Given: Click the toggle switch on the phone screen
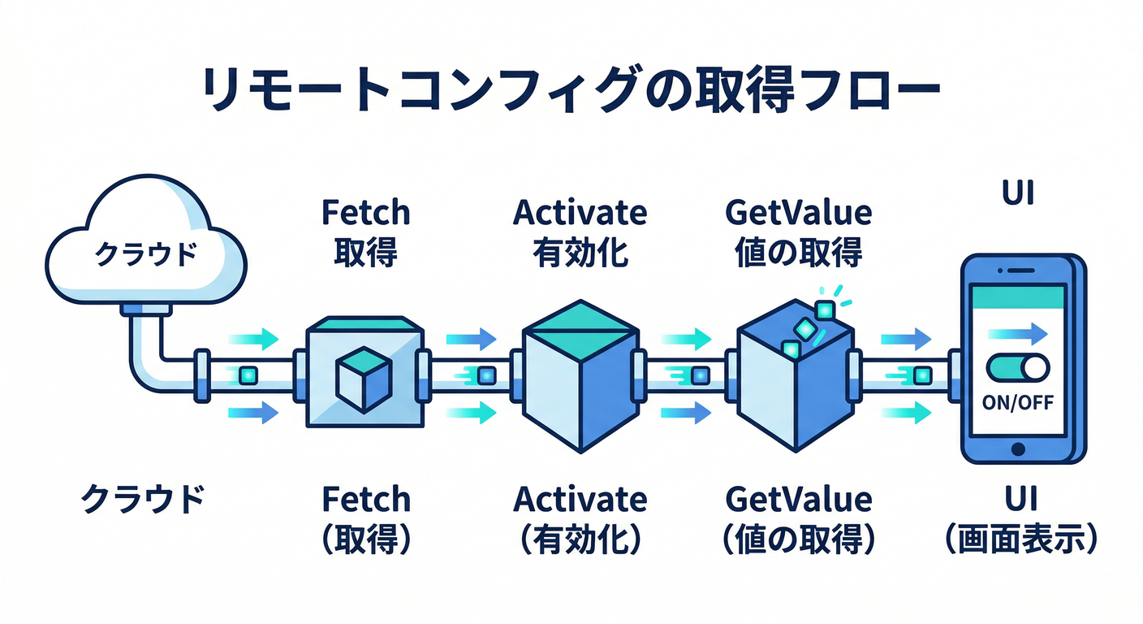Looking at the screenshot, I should click(x=1017, y=370).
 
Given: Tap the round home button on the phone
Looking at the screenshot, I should click(x=1018, y=448).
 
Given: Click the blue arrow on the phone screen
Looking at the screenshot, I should click(x=1017, y=332).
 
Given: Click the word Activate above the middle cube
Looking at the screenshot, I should click(x=580, y=213).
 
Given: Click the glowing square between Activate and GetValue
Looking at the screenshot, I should click(x=699, y=376).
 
